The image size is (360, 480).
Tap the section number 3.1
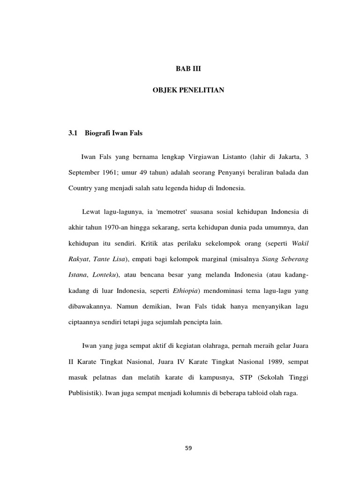(72, 134)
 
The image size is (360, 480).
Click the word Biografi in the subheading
(97, 134)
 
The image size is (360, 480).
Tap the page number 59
(188, 448)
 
